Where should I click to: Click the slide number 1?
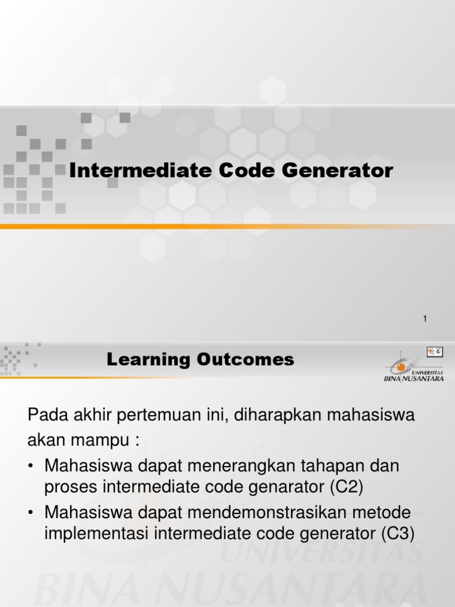425,320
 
